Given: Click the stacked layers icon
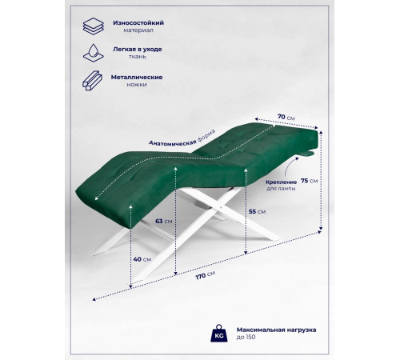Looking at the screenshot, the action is (93, 26).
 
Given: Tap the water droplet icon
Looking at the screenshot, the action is (93, 53).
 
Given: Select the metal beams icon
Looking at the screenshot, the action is (92, 81).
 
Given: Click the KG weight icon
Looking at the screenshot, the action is (219, 334).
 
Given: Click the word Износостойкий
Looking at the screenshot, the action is (138, 23).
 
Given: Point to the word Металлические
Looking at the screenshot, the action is (137, 78).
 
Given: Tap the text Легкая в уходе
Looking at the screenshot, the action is (138, 50).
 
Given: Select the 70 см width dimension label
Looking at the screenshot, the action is (286, 117).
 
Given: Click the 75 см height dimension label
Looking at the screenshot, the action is (310, 181).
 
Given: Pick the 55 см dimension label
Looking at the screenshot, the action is (257, 212).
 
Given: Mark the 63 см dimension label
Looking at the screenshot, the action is (164, 222).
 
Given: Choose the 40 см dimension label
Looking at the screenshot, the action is (142, 259).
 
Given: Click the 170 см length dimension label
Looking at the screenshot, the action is (206, 275).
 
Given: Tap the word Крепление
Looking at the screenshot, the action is (282, 182).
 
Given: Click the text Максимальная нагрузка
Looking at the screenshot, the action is (276, 330).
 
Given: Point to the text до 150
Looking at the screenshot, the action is (246, 337).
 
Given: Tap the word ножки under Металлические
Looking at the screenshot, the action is (137, 85).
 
